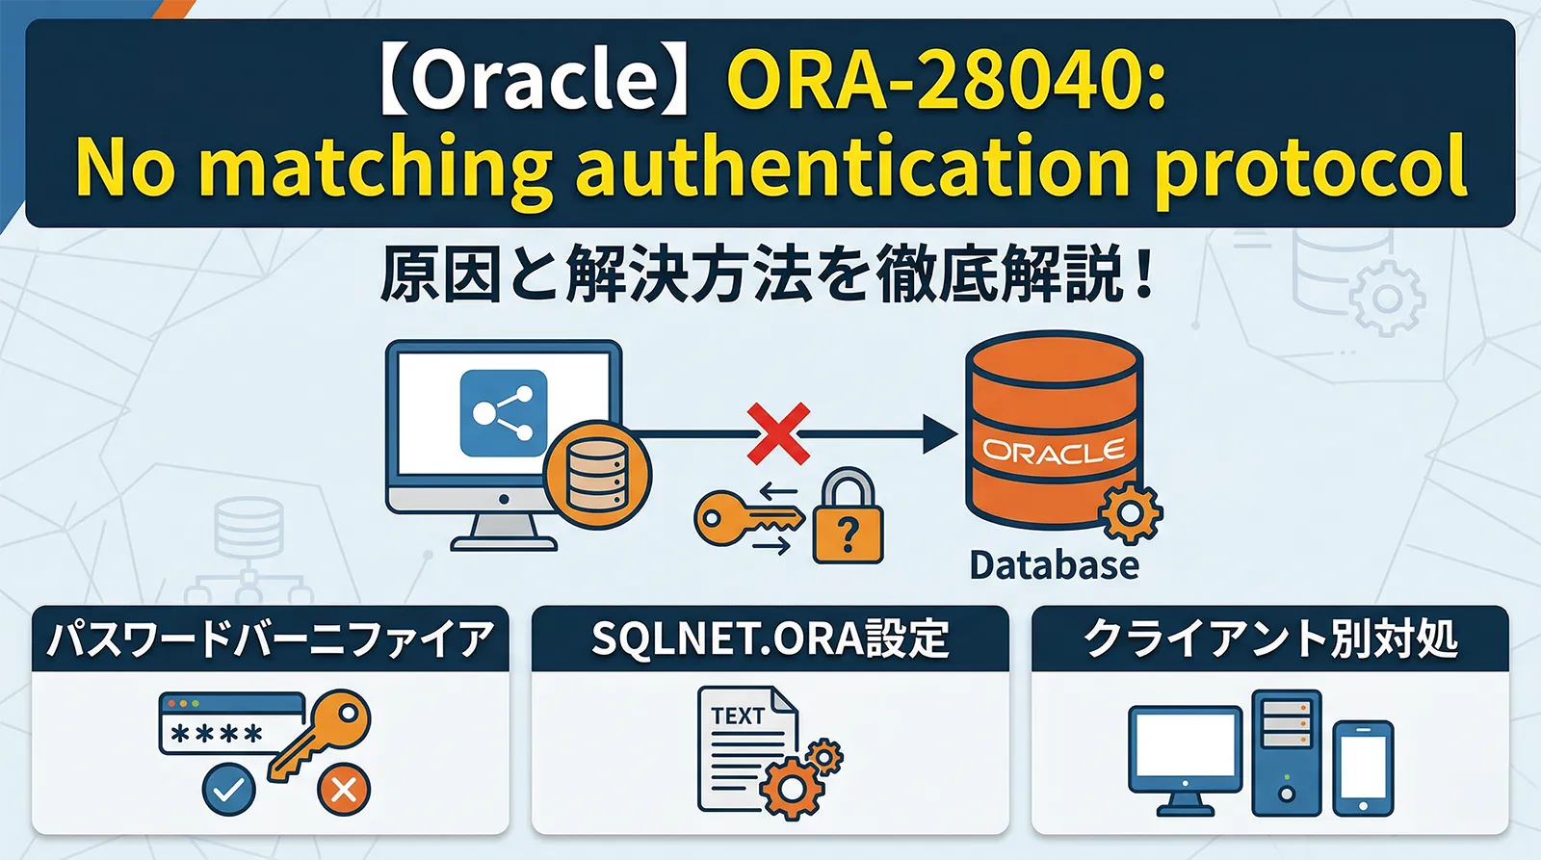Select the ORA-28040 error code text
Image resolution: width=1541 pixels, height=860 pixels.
click(x=946, y=79)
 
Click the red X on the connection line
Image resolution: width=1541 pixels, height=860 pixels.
click(x=778, y=434)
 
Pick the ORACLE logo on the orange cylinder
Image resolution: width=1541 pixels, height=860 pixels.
click(x=1054, y=451)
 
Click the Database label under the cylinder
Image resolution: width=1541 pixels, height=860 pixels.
click(x=1054, y=565)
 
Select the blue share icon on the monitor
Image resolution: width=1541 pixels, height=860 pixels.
click(x=503, y=413)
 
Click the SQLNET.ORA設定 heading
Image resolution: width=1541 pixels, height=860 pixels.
click(x=770, y=639)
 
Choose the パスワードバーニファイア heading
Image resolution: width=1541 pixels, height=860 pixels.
click(x=270, y=639)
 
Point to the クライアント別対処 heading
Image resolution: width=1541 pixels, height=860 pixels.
click(x=1269, y=639)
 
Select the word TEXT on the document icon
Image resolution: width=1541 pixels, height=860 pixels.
click(x=738, y=716)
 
